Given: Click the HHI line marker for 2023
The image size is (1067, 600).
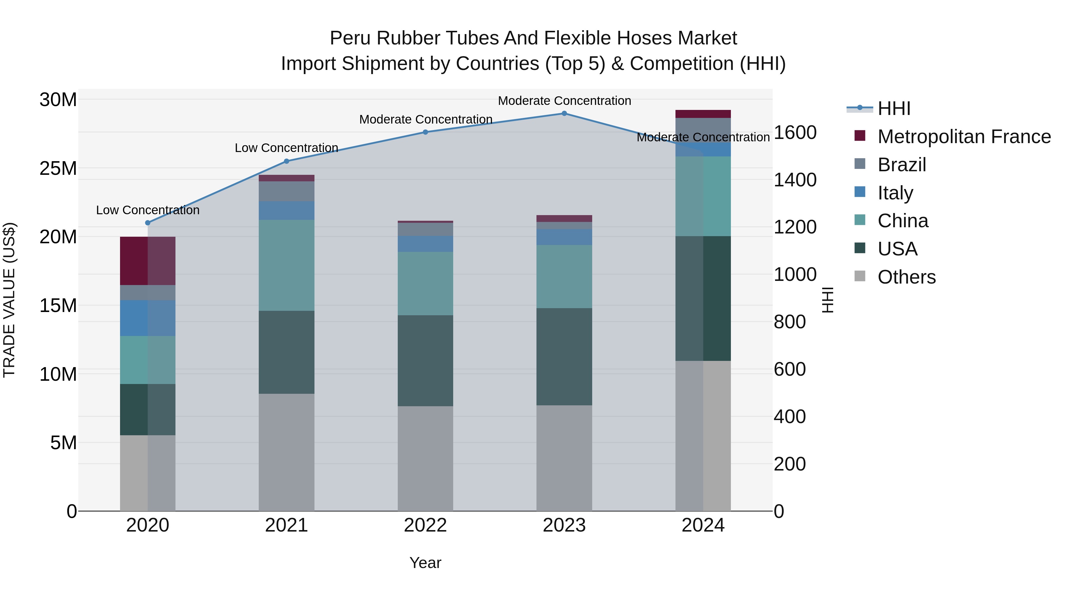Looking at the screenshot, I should (564, 113).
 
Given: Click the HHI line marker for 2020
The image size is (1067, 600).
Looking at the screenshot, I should (148, 223).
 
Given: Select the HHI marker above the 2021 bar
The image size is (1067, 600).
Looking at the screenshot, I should (287, 161).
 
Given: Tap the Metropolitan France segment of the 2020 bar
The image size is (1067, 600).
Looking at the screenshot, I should (148, 261).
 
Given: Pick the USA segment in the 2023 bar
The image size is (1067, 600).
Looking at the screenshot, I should (564, 356).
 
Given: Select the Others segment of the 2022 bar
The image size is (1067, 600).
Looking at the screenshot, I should (425, 458).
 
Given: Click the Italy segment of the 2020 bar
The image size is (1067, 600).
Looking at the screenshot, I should (148, 318).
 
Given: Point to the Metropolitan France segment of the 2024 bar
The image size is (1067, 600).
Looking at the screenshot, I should (703, 114).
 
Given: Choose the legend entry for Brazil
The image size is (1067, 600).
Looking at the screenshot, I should (902, 165).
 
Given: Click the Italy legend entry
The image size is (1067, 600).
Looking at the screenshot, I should (895, 193).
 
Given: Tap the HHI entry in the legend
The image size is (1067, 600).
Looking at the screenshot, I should (894, 108).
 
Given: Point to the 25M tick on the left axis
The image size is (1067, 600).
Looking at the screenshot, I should (58, 168).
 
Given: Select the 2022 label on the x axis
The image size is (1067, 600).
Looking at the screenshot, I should (425, 525).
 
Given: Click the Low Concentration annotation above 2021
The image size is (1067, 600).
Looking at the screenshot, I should (287, 148).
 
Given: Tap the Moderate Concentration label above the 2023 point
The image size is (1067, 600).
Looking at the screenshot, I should (564, 101).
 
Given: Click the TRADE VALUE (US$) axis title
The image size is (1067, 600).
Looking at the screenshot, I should (9, 300).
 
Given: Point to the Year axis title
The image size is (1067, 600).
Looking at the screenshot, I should (425, 563).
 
